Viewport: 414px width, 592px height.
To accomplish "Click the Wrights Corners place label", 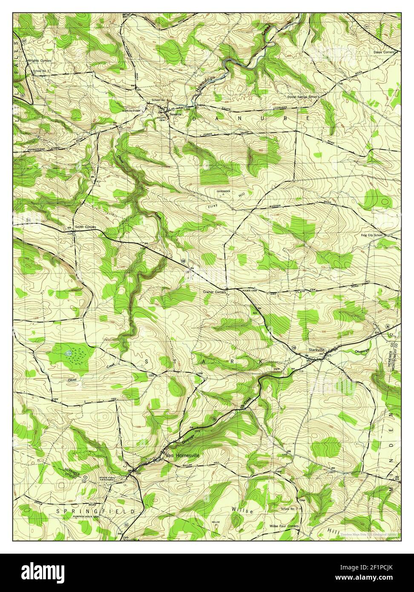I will pyautogui.click(x=40, y=60).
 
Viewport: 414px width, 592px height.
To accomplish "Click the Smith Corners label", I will pyautogui.click(x=85, y=227).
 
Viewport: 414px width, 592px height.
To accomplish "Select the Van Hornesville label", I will pyautogui.click(x=182, y=454).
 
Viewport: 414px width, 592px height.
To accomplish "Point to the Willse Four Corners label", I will pyautogui.click(x=284, y=526).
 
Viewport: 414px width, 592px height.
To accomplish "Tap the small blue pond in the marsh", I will pyautogui.click(x=68, y=353).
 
